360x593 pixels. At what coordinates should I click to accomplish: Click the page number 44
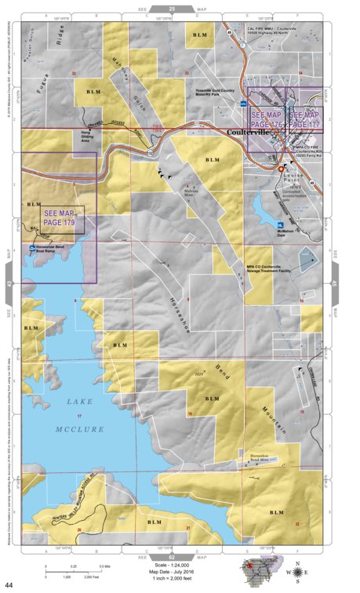coord(9,585)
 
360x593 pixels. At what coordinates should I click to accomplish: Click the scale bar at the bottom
coord(75,567)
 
